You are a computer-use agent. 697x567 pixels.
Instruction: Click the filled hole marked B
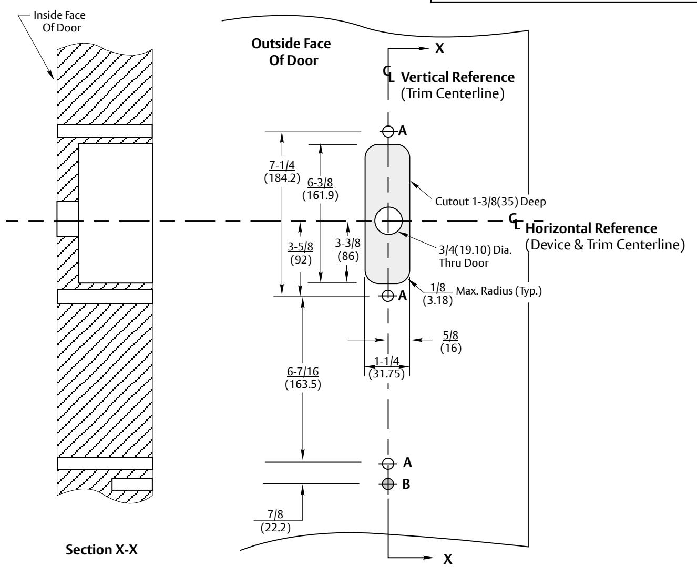(x=388, y=484)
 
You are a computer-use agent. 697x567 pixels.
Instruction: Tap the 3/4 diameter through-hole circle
(x=388, y=207)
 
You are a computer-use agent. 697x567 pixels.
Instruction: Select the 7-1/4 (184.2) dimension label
(x=282, y=172)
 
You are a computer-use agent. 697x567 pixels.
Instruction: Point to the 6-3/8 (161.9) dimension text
(x=320, y=188)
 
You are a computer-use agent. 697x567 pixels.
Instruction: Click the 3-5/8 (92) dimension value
(x=300, y=253)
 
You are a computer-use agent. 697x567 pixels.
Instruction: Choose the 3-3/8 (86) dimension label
(x=348, y=249)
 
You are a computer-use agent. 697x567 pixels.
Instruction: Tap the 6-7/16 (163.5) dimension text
(x=303, y=378)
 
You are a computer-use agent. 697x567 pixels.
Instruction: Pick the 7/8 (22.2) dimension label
(x=275, y=521)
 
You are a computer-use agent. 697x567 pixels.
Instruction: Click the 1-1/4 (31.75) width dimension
(x=386, y=367)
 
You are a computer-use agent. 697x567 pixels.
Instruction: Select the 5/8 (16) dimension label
(x=450, y=341)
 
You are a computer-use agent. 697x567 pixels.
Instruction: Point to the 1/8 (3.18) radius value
(x=437, y=294)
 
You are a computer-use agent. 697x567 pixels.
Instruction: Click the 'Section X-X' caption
(x=101, y=549)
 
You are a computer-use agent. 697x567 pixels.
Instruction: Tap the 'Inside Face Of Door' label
(x=59, y=22)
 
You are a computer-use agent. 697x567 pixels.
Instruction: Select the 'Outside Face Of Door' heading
(x=291, y=52)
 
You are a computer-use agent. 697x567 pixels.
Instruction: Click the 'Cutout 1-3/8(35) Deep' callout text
(x=490, y=202)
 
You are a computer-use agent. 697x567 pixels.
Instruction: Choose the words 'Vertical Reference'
(x=458, y=77)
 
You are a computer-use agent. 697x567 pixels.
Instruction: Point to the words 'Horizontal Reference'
(x=591, y=228)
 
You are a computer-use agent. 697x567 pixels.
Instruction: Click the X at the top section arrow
(x=439, y=48)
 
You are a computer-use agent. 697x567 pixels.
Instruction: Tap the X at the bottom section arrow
(x=448, y=559)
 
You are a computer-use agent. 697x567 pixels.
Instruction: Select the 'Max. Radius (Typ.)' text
(x=499, y=291)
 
